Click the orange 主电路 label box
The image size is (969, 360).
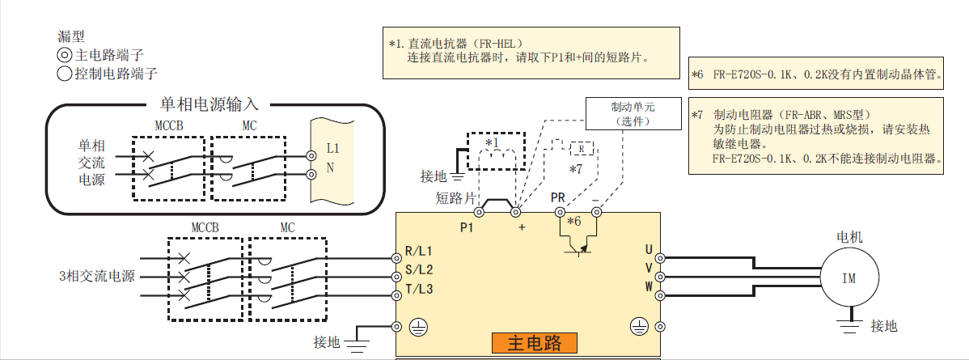coord(535,342)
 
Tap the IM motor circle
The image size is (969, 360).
coord(848,278)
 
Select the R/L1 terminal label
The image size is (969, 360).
coord(419,251)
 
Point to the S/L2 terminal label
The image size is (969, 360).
coord(419,269)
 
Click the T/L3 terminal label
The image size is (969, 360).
coord(419,288)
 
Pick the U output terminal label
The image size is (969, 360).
coord(648,249)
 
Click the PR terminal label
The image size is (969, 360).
coord(558,197)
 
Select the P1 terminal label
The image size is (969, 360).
coord(468,227)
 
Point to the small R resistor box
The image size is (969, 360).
coord(582,149)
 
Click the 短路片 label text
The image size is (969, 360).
coord(455,197)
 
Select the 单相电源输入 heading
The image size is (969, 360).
coord(209,104)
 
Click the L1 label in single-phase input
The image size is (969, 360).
coord(332,149)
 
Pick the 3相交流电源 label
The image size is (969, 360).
coord(95,276)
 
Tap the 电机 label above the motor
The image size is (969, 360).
coord(849,238)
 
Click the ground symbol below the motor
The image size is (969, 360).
coord(848,326)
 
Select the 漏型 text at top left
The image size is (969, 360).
coord(71,36)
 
